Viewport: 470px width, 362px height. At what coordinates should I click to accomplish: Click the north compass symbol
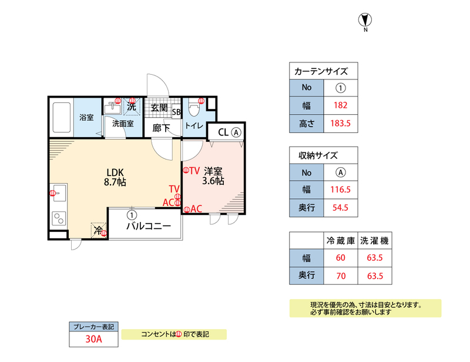point(365,20)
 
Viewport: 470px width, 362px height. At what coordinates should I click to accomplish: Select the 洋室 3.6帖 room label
point(213,176)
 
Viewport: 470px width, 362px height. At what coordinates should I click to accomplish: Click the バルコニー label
point(149,227)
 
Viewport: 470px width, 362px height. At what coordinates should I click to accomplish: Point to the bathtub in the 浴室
point(61,118)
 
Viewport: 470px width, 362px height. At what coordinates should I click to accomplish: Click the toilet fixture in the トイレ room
point(195,109)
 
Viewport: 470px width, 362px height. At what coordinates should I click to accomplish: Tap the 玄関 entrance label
point(159,108)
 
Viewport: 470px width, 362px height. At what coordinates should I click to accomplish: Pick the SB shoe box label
point(176,112)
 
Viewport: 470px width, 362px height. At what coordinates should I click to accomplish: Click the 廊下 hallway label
point(160,127)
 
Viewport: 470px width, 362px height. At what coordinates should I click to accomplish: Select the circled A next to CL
point(236,132)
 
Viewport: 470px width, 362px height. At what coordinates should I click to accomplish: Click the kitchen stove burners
point(59,218)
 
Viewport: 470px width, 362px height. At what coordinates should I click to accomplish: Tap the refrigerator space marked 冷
point(99,230)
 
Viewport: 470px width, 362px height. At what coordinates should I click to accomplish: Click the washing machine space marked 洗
point(132,107)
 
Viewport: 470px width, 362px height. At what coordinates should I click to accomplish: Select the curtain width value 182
point(341,106)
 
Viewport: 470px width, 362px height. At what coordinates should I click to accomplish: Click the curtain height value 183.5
point(341,124)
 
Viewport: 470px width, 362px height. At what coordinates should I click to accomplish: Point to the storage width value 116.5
point(341,190)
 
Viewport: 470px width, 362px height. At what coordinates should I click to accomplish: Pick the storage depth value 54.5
point(341,208)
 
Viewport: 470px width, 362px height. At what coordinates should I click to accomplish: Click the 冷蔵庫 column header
point(341,241)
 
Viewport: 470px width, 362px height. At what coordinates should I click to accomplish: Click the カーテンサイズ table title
point(321,72)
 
